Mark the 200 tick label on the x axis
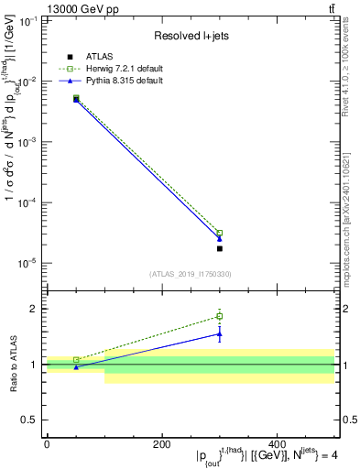tap(161, 444)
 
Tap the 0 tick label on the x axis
tap(47, 444)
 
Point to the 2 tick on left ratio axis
tap(35, 309)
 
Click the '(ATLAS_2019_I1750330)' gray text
tap(191, 274)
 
